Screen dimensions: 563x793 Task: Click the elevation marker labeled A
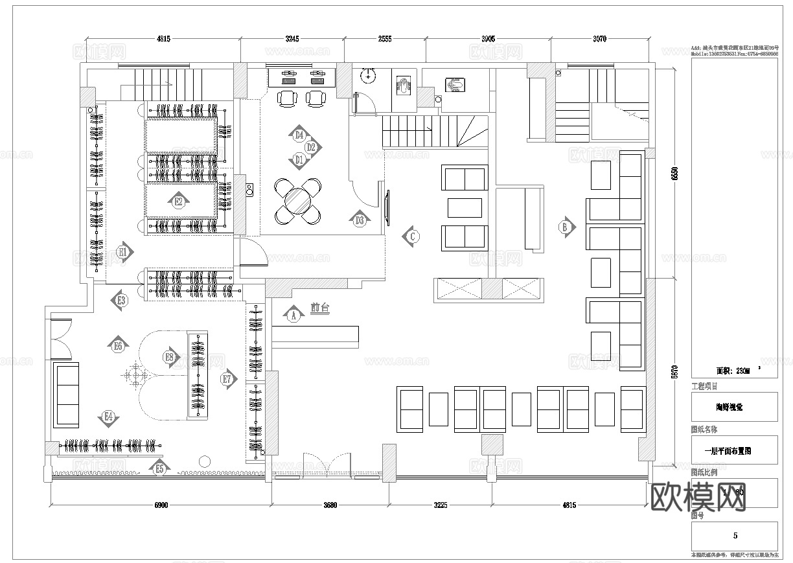pos(293,315)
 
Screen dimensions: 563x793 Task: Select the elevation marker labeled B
pos(566,227)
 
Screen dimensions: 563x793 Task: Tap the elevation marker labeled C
pos(411,236)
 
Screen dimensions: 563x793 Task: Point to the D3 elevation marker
pos(360,220)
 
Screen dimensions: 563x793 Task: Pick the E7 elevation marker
pos(227,379)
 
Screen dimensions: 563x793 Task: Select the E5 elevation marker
pos(159,467)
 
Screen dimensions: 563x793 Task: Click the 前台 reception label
pos(319,309)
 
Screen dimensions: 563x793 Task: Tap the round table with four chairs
pos(298,201)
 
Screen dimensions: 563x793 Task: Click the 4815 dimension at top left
pos(163,39)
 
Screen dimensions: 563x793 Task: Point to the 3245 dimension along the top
pos(292,39)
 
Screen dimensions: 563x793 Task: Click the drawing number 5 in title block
pos(735,536)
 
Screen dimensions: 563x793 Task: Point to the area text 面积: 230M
pos(733,371)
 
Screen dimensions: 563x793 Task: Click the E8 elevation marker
pos(170,357)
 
